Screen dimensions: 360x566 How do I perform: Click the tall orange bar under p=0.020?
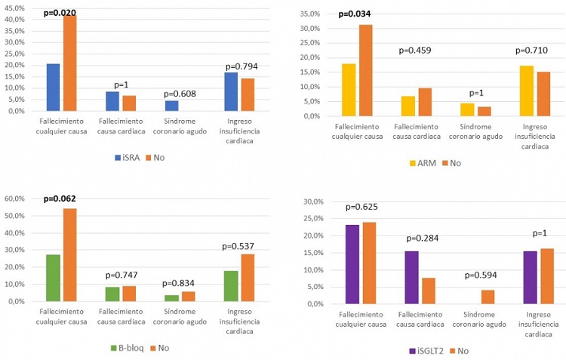pos(70,63)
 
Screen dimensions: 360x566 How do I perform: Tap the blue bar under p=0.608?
pos(171,106)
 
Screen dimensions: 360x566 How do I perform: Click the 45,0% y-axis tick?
pos(14,8)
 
